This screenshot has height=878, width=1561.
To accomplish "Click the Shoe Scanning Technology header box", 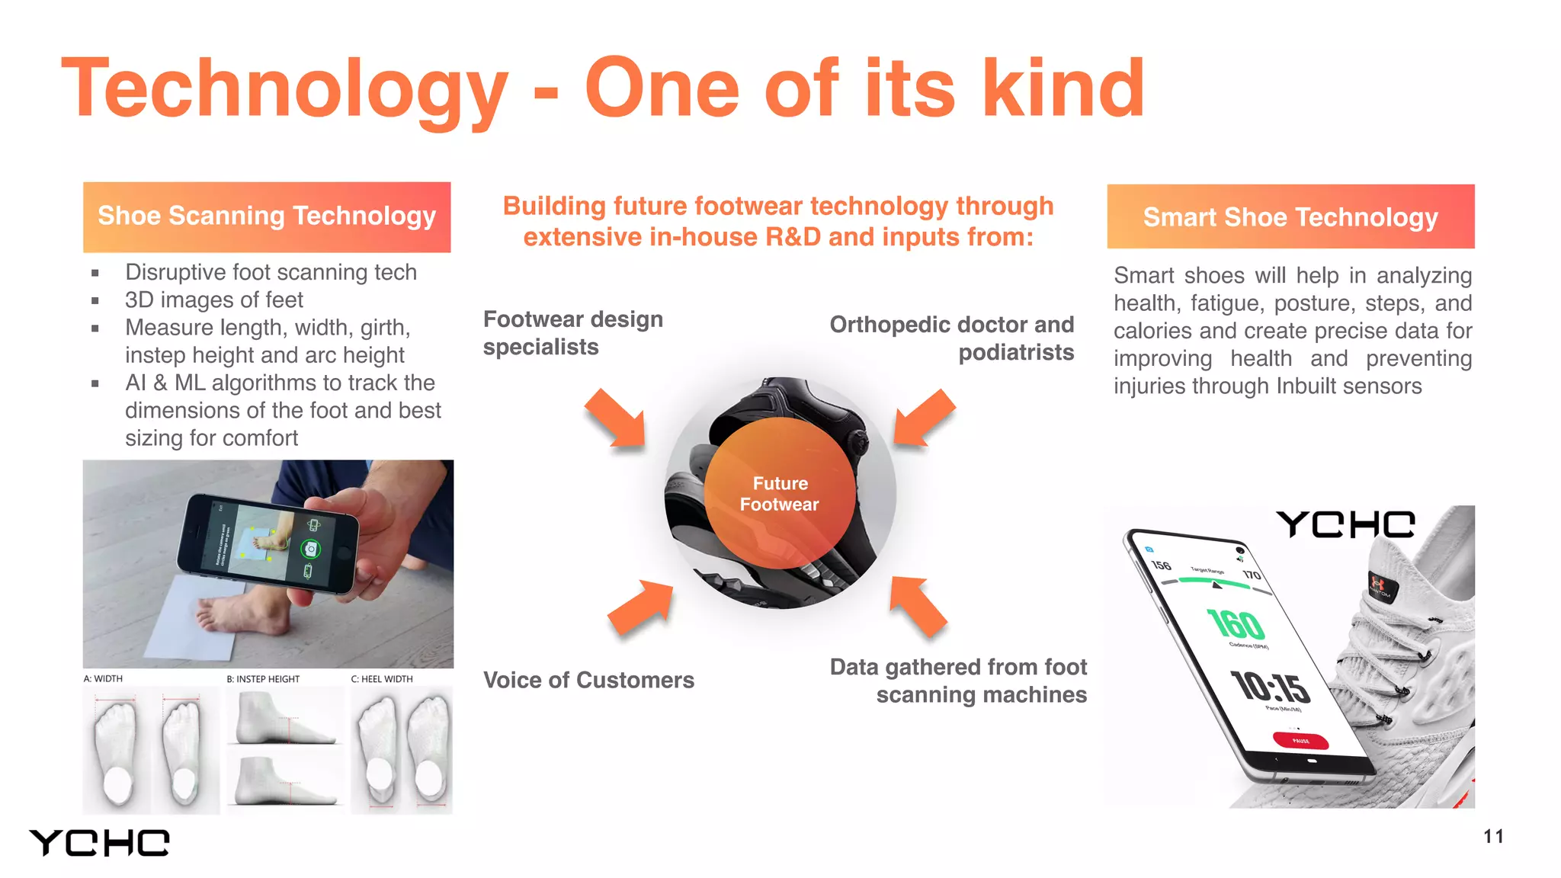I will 267,216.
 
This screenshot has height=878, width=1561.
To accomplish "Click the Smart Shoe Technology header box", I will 1290,216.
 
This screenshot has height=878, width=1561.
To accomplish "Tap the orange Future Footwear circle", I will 779,493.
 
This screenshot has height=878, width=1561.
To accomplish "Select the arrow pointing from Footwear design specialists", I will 617,418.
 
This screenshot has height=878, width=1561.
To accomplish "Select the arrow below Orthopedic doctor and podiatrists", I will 924,417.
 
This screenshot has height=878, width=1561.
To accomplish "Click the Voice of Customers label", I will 588,680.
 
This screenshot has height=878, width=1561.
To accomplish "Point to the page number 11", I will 1493,836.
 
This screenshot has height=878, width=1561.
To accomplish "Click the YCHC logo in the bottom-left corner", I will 100,843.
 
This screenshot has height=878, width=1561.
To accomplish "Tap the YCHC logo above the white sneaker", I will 1346,524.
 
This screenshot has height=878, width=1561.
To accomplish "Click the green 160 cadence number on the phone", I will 1236,624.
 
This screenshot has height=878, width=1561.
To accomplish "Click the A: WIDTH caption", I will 103,678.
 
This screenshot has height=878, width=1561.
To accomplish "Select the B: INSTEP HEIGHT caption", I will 263,678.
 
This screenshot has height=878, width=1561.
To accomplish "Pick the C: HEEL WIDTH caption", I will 382,678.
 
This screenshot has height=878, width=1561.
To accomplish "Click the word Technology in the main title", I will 284,90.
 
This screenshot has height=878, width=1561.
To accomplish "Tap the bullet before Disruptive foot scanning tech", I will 95,273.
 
